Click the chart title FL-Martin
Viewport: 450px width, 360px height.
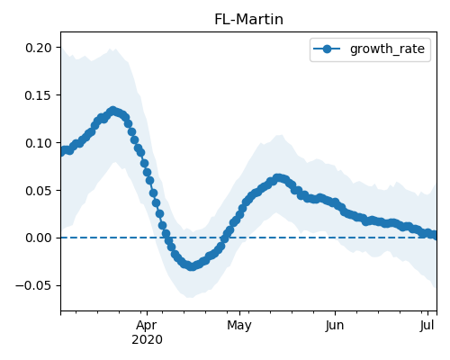(x=248, y=20)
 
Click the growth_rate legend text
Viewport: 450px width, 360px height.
(x=387, y=49)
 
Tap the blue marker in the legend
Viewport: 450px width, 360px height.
(x=327, y=49)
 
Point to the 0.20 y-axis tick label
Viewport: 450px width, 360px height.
(x=39, y=48)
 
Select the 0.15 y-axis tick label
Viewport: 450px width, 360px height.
(x=39, y=95)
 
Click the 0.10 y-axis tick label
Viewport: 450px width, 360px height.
(x=39, y=143)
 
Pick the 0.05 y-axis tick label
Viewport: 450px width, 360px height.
(x=39, y=191)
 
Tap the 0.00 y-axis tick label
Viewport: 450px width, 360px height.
(x=39, y=238)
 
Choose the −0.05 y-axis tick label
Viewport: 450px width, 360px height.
(x=33, y=285)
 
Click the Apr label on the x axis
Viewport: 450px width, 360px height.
(x=147, y=326)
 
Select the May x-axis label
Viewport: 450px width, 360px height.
(x=239, y=326)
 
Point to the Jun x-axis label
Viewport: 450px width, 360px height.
(x=335, y=326)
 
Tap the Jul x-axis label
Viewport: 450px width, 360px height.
(x=427, y=326)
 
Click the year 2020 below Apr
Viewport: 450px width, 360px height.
(x=147, y=340)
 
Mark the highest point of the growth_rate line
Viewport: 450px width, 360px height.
(x=112, y=112)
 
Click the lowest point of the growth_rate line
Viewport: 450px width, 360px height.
(x=192, y=266)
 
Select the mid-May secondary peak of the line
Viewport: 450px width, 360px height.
(x=278, y=178)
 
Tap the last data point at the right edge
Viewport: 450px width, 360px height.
(x=435, y=235)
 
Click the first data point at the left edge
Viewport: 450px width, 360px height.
(x=62, y=151)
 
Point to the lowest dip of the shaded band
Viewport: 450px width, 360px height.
(x=190, y=297)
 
